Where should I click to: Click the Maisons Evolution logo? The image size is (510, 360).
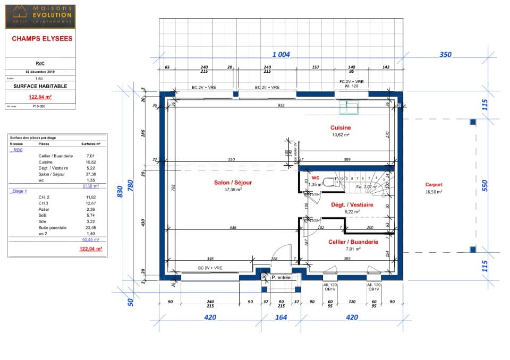(x=40, y=16)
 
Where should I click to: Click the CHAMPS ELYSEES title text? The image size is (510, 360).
(x=42, y=39)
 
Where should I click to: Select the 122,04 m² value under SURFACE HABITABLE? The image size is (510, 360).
(x=40, y=97)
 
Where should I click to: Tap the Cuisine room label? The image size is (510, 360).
(x=341, y=128)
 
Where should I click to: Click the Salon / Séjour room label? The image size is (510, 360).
(x=233, y=183)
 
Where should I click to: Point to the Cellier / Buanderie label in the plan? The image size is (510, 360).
(x=353, y=242)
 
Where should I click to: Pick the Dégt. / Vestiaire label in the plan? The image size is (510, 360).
(x=352, y=204)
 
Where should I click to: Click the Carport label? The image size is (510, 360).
(x=433, y=185)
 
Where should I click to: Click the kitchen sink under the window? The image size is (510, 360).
(x=350, y=108)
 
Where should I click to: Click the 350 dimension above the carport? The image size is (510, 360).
(x=445, y=55)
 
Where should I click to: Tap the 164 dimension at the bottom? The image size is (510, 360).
(x=280, y=318)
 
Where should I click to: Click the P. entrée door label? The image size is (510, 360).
(x=280, y=277)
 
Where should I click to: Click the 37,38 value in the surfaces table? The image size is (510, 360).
(x=90, y=174)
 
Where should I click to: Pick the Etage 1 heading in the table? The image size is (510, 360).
(x=20, y=191)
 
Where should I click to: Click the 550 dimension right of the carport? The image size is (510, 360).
(x=484, y=186)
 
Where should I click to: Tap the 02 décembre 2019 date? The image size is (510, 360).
(x=40, y=71)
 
